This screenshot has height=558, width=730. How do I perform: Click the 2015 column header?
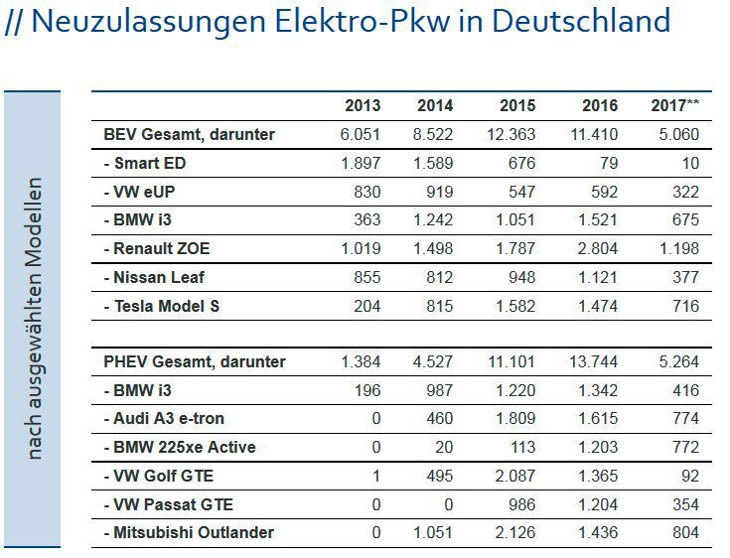tap(517, 106)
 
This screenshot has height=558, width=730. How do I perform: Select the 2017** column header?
tap(675, 106)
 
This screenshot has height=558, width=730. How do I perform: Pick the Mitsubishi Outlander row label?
tap(189, 532)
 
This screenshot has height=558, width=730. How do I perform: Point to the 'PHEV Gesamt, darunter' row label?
tap(195, 361)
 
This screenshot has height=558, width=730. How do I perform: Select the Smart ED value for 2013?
tap(362, 163)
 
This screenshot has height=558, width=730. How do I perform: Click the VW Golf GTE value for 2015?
tap(514, 476)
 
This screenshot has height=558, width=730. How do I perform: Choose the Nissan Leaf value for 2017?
tap(685, 278)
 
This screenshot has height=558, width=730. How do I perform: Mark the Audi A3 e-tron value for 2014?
tap(439, 419)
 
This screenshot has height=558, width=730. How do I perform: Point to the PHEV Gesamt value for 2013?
tap(362, 361)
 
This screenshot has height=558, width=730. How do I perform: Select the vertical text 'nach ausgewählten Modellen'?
tap(35, 318)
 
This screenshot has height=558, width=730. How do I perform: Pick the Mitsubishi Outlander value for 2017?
tap(685, 532)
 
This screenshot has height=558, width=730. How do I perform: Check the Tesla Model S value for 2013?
tap(367, 306)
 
